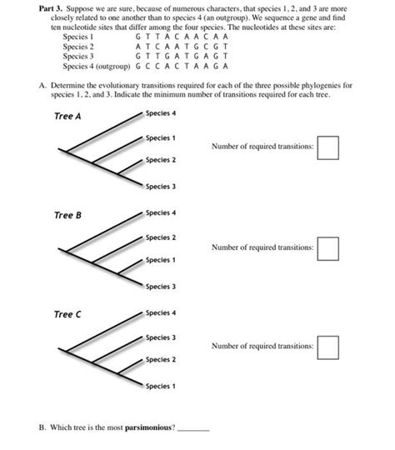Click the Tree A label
tap(67, 116)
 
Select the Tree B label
tap(67, 215)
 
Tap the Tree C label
tap(67, 314)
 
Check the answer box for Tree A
tap(327, 147)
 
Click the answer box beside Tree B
tap(327, 247)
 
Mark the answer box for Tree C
tap(327, 347)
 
